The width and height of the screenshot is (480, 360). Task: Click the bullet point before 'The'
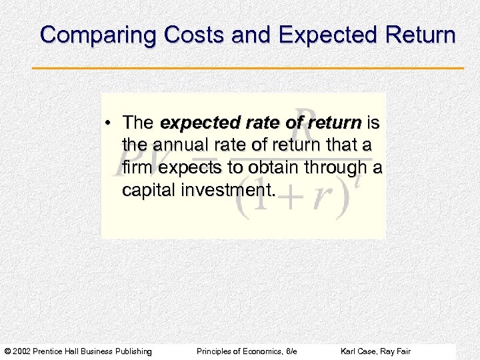coord(109,123)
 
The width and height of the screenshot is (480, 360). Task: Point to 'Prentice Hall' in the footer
coord(67,351)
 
